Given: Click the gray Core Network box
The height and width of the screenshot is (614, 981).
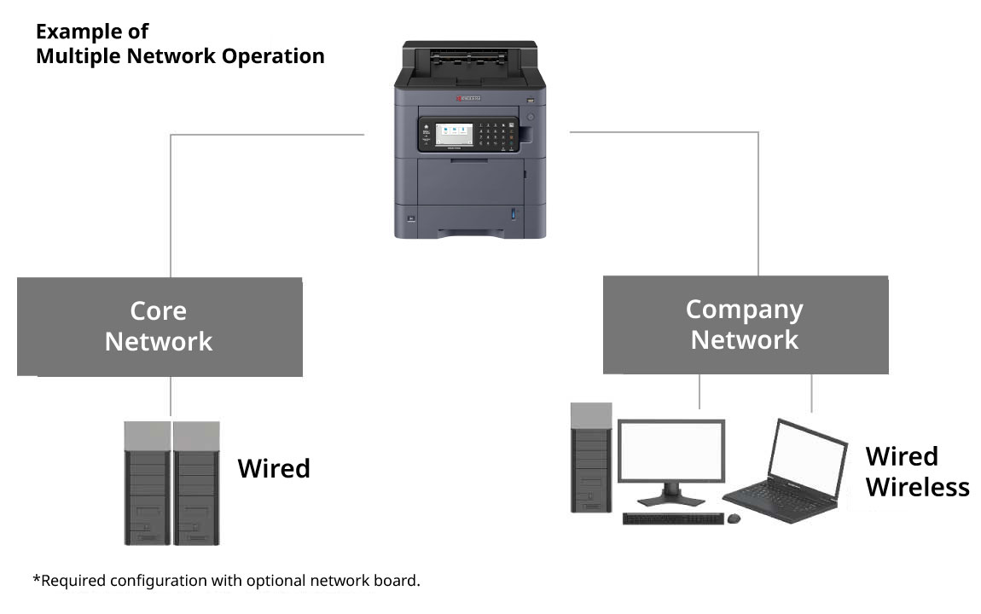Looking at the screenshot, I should [x=160, y=327].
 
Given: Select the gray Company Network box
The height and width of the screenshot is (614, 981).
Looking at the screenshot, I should [x=745, y=325].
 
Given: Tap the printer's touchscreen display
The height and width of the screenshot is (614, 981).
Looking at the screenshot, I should [x=454, y=134].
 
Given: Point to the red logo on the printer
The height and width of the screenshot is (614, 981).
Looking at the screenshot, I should [x=468, y=99].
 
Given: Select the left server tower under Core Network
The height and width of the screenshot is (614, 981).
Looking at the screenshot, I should [x=148, y=483].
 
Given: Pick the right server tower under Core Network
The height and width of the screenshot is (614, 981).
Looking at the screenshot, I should [x=196, y=483].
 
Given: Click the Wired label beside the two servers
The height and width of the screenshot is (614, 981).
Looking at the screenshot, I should [x=273, y=468].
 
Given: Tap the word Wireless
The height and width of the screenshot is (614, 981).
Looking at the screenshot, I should [x=917, y=487].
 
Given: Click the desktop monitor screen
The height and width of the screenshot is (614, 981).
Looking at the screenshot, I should [x=670, y=452].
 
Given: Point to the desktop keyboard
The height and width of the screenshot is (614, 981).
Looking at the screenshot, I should [x=673, y=518].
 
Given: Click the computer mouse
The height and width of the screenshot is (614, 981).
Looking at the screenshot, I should [x=734, y=518].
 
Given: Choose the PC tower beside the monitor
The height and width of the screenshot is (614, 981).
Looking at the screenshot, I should [x=591, y=458].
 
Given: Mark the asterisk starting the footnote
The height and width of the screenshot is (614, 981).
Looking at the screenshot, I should [x=37, y=579].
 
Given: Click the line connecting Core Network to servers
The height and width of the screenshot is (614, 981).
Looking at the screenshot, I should [x=171, y=397].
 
